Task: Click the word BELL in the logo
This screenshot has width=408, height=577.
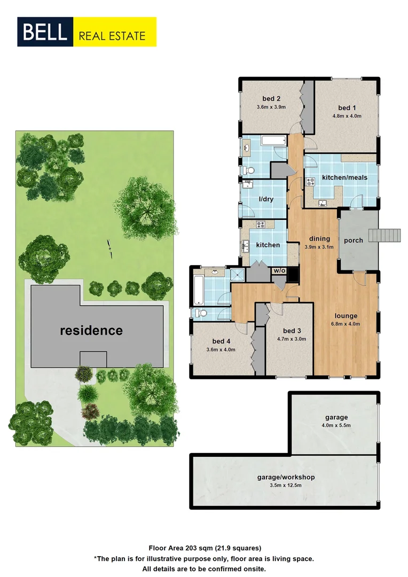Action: (45, 32)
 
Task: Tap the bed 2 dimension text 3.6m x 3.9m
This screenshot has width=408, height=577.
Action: (271, 107)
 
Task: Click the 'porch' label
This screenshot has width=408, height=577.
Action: (353, 240)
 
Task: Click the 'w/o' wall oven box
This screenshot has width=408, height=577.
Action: (279, 271)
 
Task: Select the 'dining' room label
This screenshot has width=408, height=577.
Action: (319, 239)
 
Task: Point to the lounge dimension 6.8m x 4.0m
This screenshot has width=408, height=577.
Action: (346, 323)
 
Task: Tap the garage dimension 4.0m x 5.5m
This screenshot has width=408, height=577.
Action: (336, 425)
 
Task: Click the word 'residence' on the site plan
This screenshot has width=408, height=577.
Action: (91, 330)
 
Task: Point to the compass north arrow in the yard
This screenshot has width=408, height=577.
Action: (109, 248)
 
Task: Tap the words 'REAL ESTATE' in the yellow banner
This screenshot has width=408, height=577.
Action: (112, 36)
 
